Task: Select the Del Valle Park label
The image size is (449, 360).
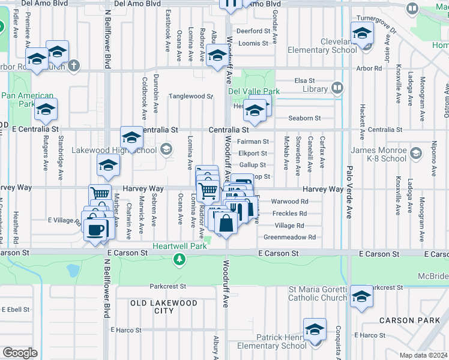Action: click(x=254, y=91)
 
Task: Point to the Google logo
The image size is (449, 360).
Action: click(x=20, y=353)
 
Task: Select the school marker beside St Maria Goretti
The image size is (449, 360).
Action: click(x=361, y=297)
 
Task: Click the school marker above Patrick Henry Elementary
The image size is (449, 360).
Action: click(x=315, y=330)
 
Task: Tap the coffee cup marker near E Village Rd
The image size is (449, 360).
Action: click(x=95, y=229)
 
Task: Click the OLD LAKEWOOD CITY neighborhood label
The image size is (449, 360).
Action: click(x=164, y=307)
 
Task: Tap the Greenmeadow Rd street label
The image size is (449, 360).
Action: click(x=290, y=238)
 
